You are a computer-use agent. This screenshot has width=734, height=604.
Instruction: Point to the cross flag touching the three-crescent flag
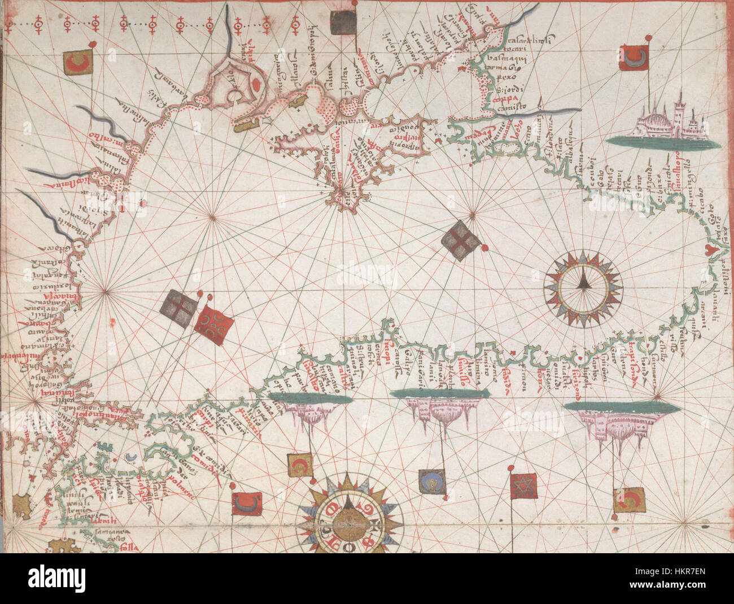(178, 310)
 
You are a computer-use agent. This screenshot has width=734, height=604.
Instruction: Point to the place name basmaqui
(512, 63)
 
